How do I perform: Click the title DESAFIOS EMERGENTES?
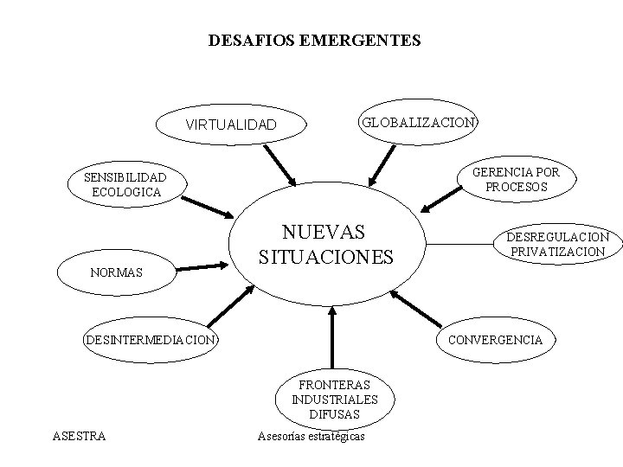tap(315, 40)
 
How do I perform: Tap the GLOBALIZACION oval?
tap(419, 122)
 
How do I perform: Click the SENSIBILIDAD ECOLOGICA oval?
tap(125, 184)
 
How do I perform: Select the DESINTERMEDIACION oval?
tap(151, 339)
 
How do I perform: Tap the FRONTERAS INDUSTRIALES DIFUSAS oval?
tap(335, 400)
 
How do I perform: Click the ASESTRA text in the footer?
tap(80, 436)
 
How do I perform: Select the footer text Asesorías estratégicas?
tap(311, 436)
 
